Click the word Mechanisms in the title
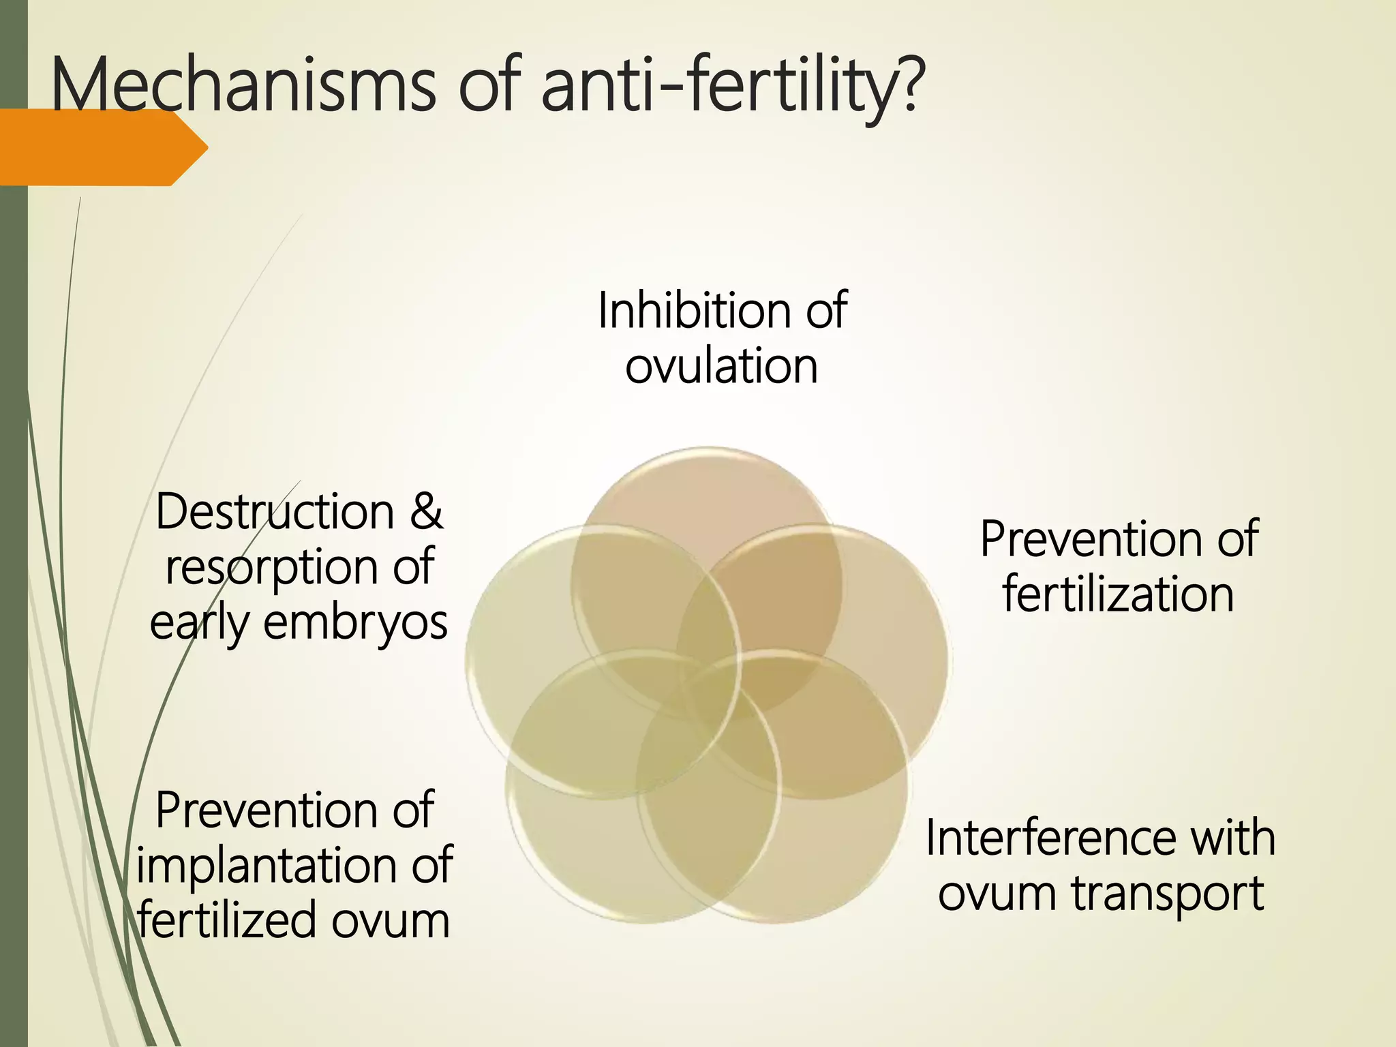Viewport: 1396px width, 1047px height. click(243, 87)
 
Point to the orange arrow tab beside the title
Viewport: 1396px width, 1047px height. click(102, 147)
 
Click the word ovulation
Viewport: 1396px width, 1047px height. click(721, 367)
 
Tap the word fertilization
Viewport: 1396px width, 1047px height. click(1118, 595)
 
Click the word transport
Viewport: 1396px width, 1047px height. click(1168, 894)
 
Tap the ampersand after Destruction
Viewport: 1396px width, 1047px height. click(427, 512)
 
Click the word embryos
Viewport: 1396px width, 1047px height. click(355, 623)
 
